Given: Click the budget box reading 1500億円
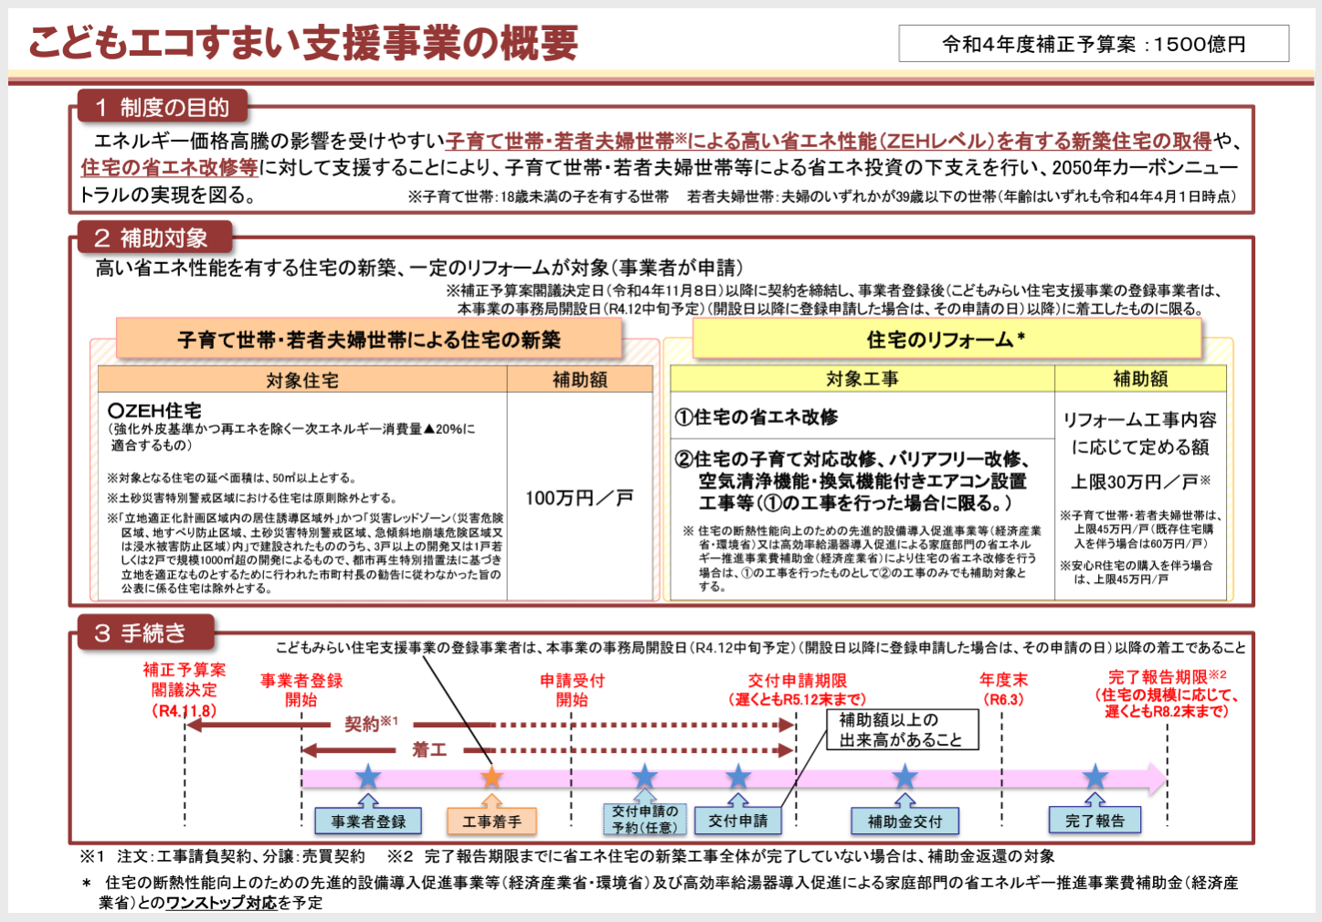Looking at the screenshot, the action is coord(1094,44).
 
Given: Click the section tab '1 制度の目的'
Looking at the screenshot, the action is coord(163,107).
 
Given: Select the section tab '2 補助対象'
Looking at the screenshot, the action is coord(154,238).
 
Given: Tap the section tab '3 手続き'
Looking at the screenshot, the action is coord(146,632).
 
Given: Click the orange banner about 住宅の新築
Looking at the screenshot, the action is coord(369,339).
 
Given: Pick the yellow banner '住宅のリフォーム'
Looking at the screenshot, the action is coord(947,339).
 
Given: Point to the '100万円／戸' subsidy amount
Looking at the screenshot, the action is coord(579,498).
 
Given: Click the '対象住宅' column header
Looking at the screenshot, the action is coord(302,379).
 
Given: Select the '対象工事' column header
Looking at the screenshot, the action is coord(862,378).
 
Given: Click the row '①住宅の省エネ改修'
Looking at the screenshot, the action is coord(756,417).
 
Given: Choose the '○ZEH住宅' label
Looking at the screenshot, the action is coord(154,410).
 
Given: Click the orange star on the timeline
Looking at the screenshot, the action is coord(492,777).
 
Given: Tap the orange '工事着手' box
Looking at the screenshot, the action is coord(492,821).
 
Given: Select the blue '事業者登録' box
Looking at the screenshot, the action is coord(368,821).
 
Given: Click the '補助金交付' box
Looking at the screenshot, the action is coord(904,821).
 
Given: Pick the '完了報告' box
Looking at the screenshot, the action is coord(1095,821).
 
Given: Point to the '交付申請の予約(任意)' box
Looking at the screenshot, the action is coord(644,820).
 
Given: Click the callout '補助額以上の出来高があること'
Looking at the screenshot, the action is coord(902,729).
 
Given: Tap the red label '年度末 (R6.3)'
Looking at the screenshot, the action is coord(1003,689).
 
